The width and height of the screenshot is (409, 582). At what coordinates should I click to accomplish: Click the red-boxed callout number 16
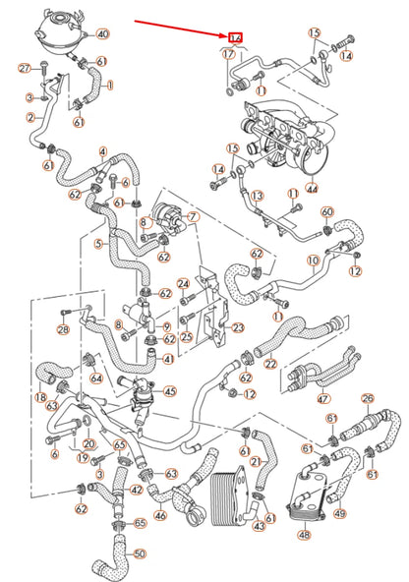pyautogui.click(x=235, y=37)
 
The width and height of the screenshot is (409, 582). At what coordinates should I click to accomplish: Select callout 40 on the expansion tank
pyautogui.click(x=102, y=33)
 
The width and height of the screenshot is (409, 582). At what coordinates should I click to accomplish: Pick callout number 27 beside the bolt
pyautogui.click(x=26, y=67)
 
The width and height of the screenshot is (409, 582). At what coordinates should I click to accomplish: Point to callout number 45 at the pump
pyautogui.click(x=170, y=391)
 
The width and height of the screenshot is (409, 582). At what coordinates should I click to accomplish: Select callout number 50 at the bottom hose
pyautogui.click(x=139, y=553)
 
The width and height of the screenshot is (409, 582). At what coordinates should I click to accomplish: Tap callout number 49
pyautogui.click(x=339, y=512)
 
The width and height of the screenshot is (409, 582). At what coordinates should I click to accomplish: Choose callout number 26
pyautogui.click(x=368, y=398)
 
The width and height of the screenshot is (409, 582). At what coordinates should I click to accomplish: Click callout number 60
pyautogui.click(x=328, y=211)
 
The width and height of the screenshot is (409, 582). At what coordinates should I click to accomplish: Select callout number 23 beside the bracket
pyautogui.click(x=238, y=327)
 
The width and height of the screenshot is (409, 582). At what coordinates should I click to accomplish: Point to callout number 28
pyautogui.click(x=62, y=330)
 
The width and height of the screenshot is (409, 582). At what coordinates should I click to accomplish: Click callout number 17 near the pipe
pyautogui.click(x=228, y=55)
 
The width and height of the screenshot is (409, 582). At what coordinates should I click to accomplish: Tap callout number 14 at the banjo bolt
pyautogui.click(x=346, y=57)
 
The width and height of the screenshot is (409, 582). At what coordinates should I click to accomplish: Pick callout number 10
pyautogui.click(x=313, y=261)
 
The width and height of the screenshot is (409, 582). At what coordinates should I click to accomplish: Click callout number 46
pyautogui.click(x=159, y=513)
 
